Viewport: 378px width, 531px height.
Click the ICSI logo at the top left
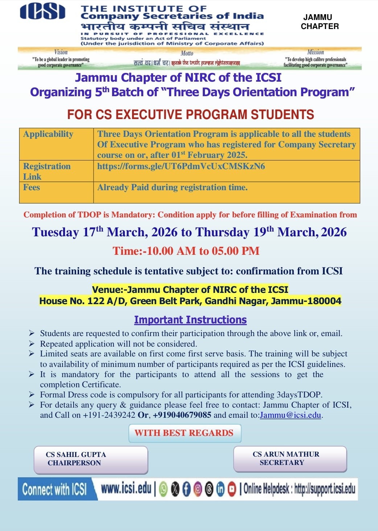(x=42, y=12)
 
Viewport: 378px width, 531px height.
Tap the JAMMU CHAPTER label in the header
(x=320, y=22)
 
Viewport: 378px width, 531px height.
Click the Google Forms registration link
(x=181, y=166)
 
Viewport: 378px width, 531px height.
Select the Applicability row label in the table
(x=48, y=134)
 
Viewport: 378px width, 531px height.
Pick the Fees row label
(x=32, y=187)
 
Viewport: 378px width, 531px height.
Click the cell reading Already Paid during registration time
(x=172, y=187)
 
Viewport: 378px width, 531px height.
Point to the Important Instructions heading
(x=190, y=320)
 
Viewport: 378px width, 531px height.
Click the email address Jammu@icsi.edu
(x=290, y=415)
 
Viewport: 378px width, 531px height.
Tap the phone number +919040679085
(x=182, y=415)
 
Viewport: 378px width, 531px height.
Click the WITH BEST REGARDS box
(x=184, y=433)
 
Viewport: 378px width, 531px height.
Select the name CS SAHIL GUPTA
(x=76, y=454)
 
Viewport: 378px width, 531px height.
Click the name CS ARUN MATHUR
(x=286, y=454)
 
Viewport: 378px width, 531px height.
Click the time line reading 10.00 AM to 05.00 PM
(x=186, y=251)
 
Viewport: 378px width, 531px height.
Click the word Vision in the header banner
(x=61, y=52)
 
